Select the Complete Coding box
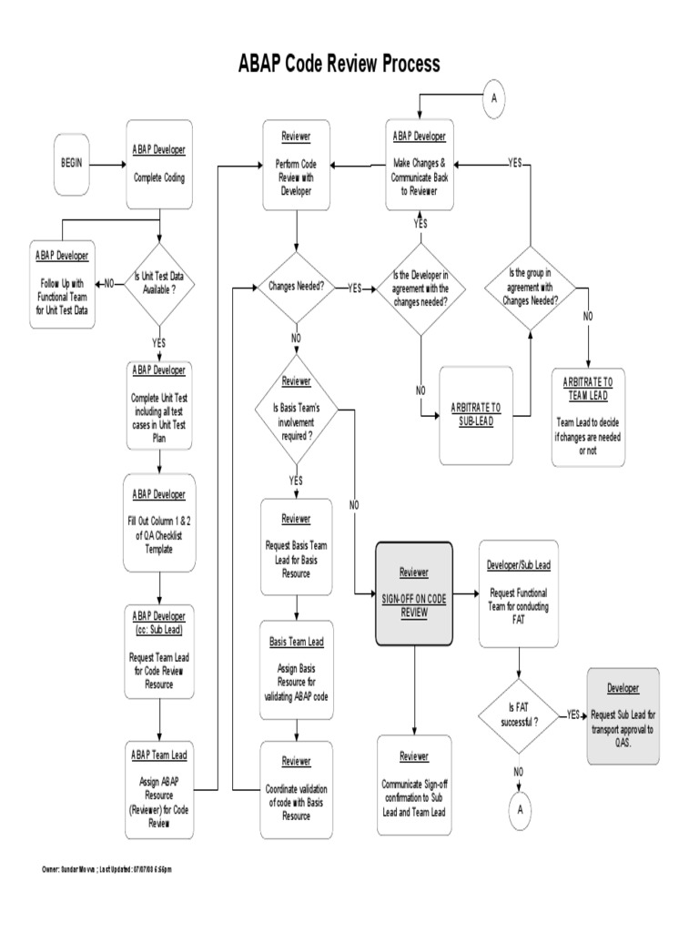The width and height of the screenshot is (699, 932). pyautogui.click(x=159, y=167)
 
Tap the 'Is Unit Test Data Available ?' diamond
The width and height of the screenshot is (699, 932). pyautogui.click(x=159, y=283)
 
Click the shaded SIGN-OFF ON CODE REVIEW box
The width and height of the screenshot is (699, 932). pyautogui.click(x=414, y=594)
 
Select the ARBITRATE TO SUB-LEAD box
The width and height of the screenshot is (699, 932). pyautogui.click(x=476, y=414)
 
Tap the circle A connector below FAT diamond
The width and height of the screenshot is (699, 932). pyautogui.click(x=518, y=806)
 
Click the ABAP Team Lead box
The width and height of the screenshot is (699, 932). pyautogui.click(x=159, y=789)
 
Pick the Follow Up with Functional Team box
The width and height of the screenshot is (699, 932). pyautogui.click(x=63, y=284)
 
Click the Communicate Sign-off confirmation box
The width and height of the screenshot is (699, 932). pyautogui.click(x=414, y=785)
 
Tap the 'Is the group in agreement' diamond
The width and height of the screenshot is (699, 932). pyautogui.click(x=532, y=288)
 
